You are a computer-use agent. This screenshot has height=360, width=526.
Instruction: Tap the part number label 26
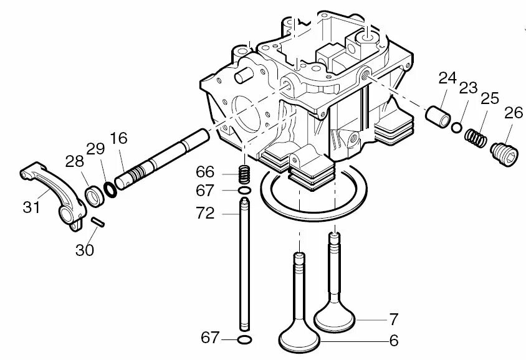(514, 113)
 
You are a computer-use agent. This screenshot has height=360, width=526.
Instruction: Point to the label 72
(205, 214)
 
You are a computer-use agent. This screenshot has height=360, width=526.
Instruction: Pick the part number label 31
(31, 207)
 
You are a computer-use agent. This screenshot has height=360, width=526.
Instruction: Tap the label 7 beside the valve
(393, 320)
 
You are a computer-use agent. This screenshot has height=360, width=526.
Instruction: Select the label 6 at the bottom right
(393, 341)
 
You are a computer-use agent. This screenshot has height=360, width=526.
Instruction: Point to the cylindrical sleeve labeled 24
(437, 114)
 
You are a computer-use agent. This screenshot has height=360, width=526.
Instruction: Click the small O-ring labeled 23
(457, 128)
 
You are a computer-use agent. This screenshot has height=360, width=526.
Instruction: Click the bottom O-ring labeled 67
(245, 339)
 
